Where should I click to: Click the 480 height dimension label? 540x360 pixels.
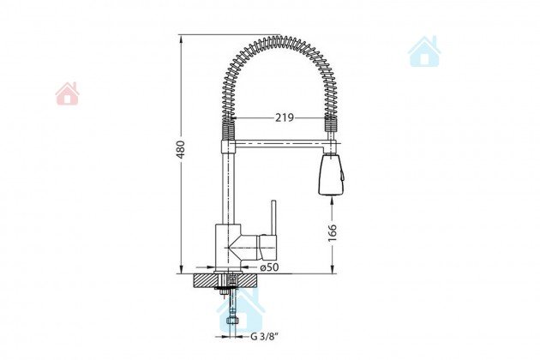181,149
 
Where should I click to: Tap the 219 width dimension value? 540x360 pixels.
285,117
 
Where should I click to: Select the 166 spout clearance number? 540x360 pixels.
332,233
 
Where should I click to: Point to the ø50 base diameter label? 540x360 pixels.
269,267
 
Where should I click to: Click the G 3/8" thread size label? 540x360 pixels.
264,337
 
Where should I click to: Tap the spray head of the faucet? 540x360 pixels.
332,175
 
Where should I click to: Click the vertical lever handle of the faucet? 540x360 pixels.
273,218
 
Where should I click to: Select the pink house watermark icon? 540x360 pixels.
67,93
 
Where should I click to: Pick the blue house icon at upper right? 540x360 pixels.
424,51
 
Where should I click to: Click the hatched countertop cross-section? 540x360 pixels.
226,280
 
